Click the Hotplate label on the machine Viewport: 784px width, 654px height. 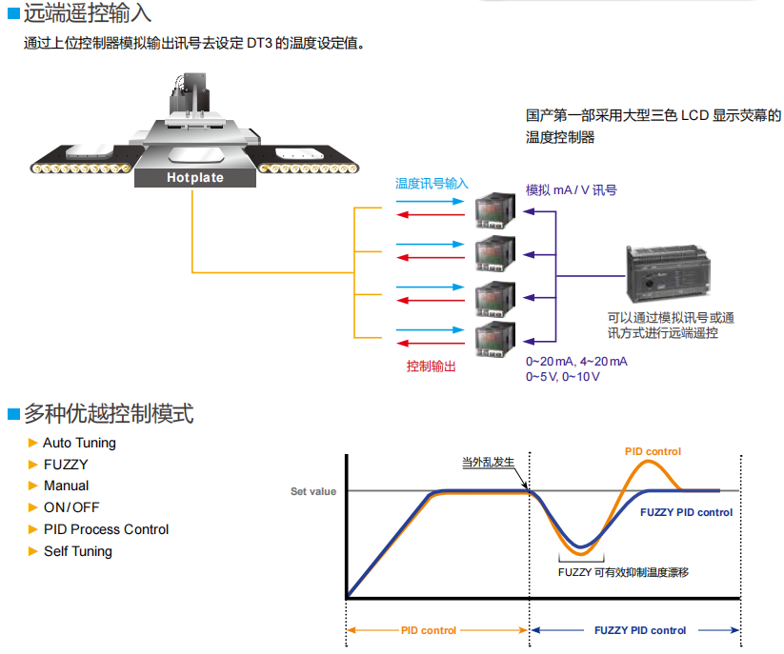click(195, 177)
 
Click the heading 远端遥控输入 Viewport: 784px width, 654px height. click(87, 14)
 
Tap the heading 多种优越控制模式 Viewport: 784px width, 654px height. click(108, 414)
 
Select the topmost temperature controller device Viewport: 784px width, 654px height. click(496, 208)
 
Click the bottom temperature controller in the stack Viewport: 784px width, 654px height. click(496, 339)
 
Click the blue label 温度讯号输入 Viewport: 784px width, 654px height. click(432, 183)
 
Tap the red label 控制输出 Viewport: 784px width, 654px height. click(431, 367)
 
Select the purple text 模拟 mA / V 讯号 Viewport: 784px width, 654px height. click(571, 190)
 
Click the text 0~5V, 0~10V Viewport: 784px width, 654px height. click(563, 377)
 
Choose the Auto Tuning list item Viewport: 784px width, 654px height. click(79, 443)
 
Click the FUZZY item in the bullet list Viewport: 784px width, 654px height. click(66, 465)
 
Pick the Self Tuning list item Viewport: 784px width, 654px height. click(77, 551)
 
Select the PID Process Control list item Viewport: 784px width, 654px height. click(106, 529)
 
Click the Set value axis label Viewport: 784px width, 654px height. click(313, 492)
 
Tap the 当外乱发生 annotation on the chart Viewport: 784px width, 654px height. click(488, 463)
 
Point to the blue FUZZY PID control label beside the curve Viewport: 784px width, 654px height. click(686, 512)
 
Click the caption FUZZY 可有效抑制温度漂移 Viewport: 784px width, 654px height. click(622, 572)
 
